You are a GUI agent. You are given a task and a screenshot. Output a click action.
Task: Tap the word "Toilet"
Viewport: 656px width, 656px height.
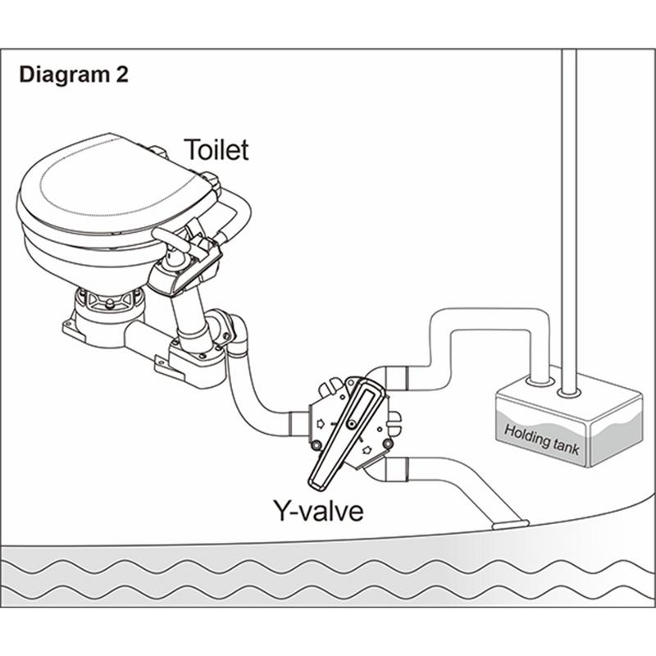[x=216, y=150]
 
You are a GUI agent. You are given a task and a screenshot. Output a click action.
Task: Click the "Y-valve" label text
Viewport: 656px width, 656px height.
[x=318, y=512]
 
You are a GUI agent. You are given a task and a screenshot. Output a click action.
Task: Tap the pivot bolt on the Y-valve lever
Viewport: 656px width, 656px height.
[x=351, y=423]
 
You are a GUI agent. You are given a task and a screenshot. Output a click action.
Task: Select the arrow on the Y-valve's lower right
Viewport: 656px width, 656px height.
[x=367, y=449]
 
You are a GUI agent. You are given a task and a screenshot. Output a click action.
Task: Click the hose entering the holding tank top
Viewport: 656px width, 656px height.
[x=538, y=361]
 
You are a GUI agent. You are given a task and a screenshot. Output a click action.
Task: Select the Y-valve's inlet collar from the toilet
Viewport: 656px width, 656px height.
[x=299, y=425]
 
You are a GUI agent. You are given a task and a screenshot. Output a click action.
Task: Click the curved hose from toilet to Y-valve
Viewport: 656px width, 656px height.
[x=250, y=394]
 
